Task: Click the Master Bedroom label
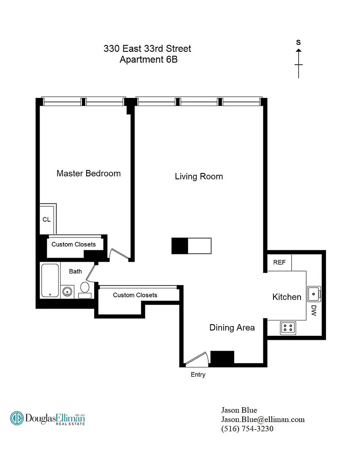coord(89,174)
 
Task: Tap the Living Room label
coord(199,176)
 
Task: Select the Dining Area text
coord(232,328)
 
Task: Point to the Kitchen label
coord(287,297)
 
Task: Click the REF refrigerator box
coord(280,263)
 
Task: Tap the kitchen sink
coord(313,294)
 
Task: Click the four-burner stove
coord(288,328)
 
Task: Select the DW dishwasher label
coord(314,310)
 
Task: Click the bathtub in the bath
coord(50,281)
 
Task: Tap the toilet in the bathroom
coord(85,290)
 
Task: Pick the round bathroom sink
coord(68,292)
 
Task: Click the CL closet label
coord(47,220)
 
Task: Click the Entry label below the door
coord(198,375)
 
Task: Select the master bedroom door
coord(119,254)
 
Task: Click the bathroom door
coord(91,273)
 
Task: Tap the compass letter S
coord(299,42)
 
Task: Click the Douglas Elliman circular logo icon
coord(17,418)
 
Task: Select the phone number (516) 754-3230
coord(247,429)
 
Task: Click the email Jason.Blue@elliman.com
coord(263,419)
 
